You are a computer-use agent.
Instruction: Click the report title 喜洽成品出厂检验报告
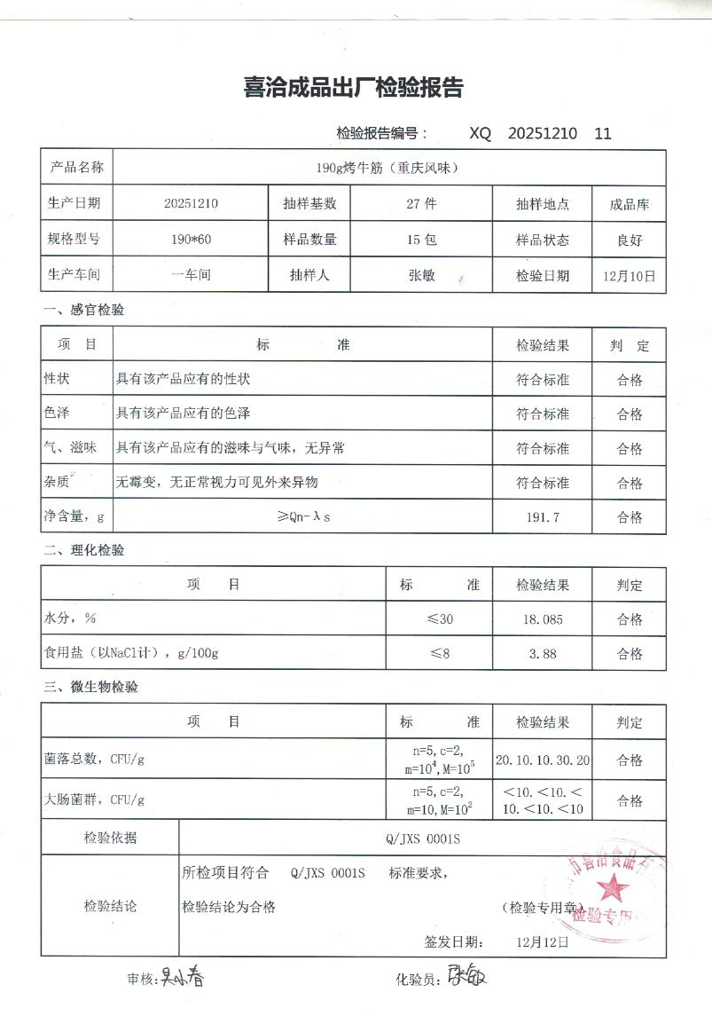click(353, 88)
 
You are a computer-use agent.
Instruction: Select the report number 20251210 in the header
click(543, 134)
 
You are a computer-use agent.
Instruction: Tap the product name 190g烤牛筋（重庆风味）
click(387, 168)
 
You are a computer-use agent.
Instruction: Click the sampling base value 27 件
click(421, 203)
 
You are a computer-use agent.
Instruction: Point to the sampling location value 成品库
click(629, 204)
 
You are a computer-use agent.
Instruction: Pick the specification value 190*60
click(191, 240)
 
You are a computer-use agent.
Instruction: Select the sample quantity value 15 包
click(421, 240)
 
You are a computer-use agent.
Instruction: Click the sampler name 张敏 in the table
click(421, 275)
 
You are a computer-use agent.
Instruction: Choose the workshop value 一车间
click(191, 275)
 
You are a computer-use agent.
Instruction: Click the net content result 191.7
click(543, 518)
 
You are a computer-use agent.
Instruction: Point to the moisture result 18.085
click(543, 619)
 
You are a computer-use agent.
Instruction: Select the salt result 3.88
click(543, 654)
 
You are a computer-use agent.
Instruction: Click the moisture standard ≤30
click(440, 619)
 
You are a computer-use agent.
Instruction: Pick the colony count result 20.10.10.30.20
click(543, 760)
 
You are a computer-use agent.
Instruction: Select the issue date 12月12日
click(541, 942)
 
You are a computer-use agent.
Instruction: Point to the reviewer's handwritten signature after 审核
click(181, 979)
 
